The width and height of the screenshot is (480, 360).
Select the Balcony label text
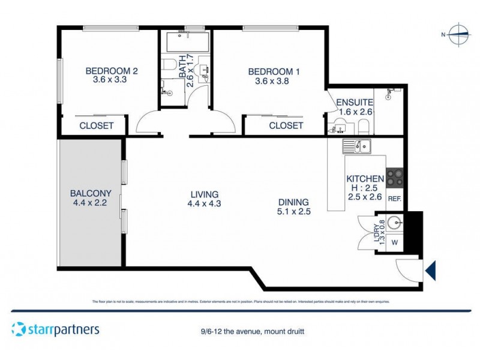point(91,193)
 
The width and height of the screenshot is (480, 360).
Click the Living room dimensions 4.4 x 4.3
point(205,204)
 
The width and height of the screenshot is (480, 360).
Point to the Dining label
point(293,202)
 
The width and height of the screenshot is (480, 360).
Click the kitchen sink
point(356,146)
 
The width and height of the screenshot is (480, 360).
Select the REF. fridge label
point(394,199)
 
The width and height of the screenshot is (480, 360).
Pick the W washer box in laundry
point(394,243)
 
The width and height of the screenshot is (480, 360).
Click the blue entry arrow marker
point(430,271)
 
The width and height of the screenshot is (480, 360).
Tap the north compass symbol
point(459,35)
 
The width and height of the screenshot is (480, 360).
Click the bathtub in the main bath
point(185,43)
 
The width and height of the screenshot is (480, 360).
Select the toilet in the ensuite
point(362,127)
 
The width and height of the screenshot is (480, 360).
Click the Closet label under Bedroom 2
point(97,125)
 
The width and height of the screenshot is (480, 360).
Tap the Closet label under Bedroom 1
point(286,125)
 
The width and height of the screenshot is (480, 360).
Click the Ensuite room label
point(355,102)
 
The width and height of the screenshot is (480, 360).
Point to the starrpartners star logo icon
point(19,329)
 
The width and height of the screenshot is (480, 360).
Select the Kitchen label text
point(365,179)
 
